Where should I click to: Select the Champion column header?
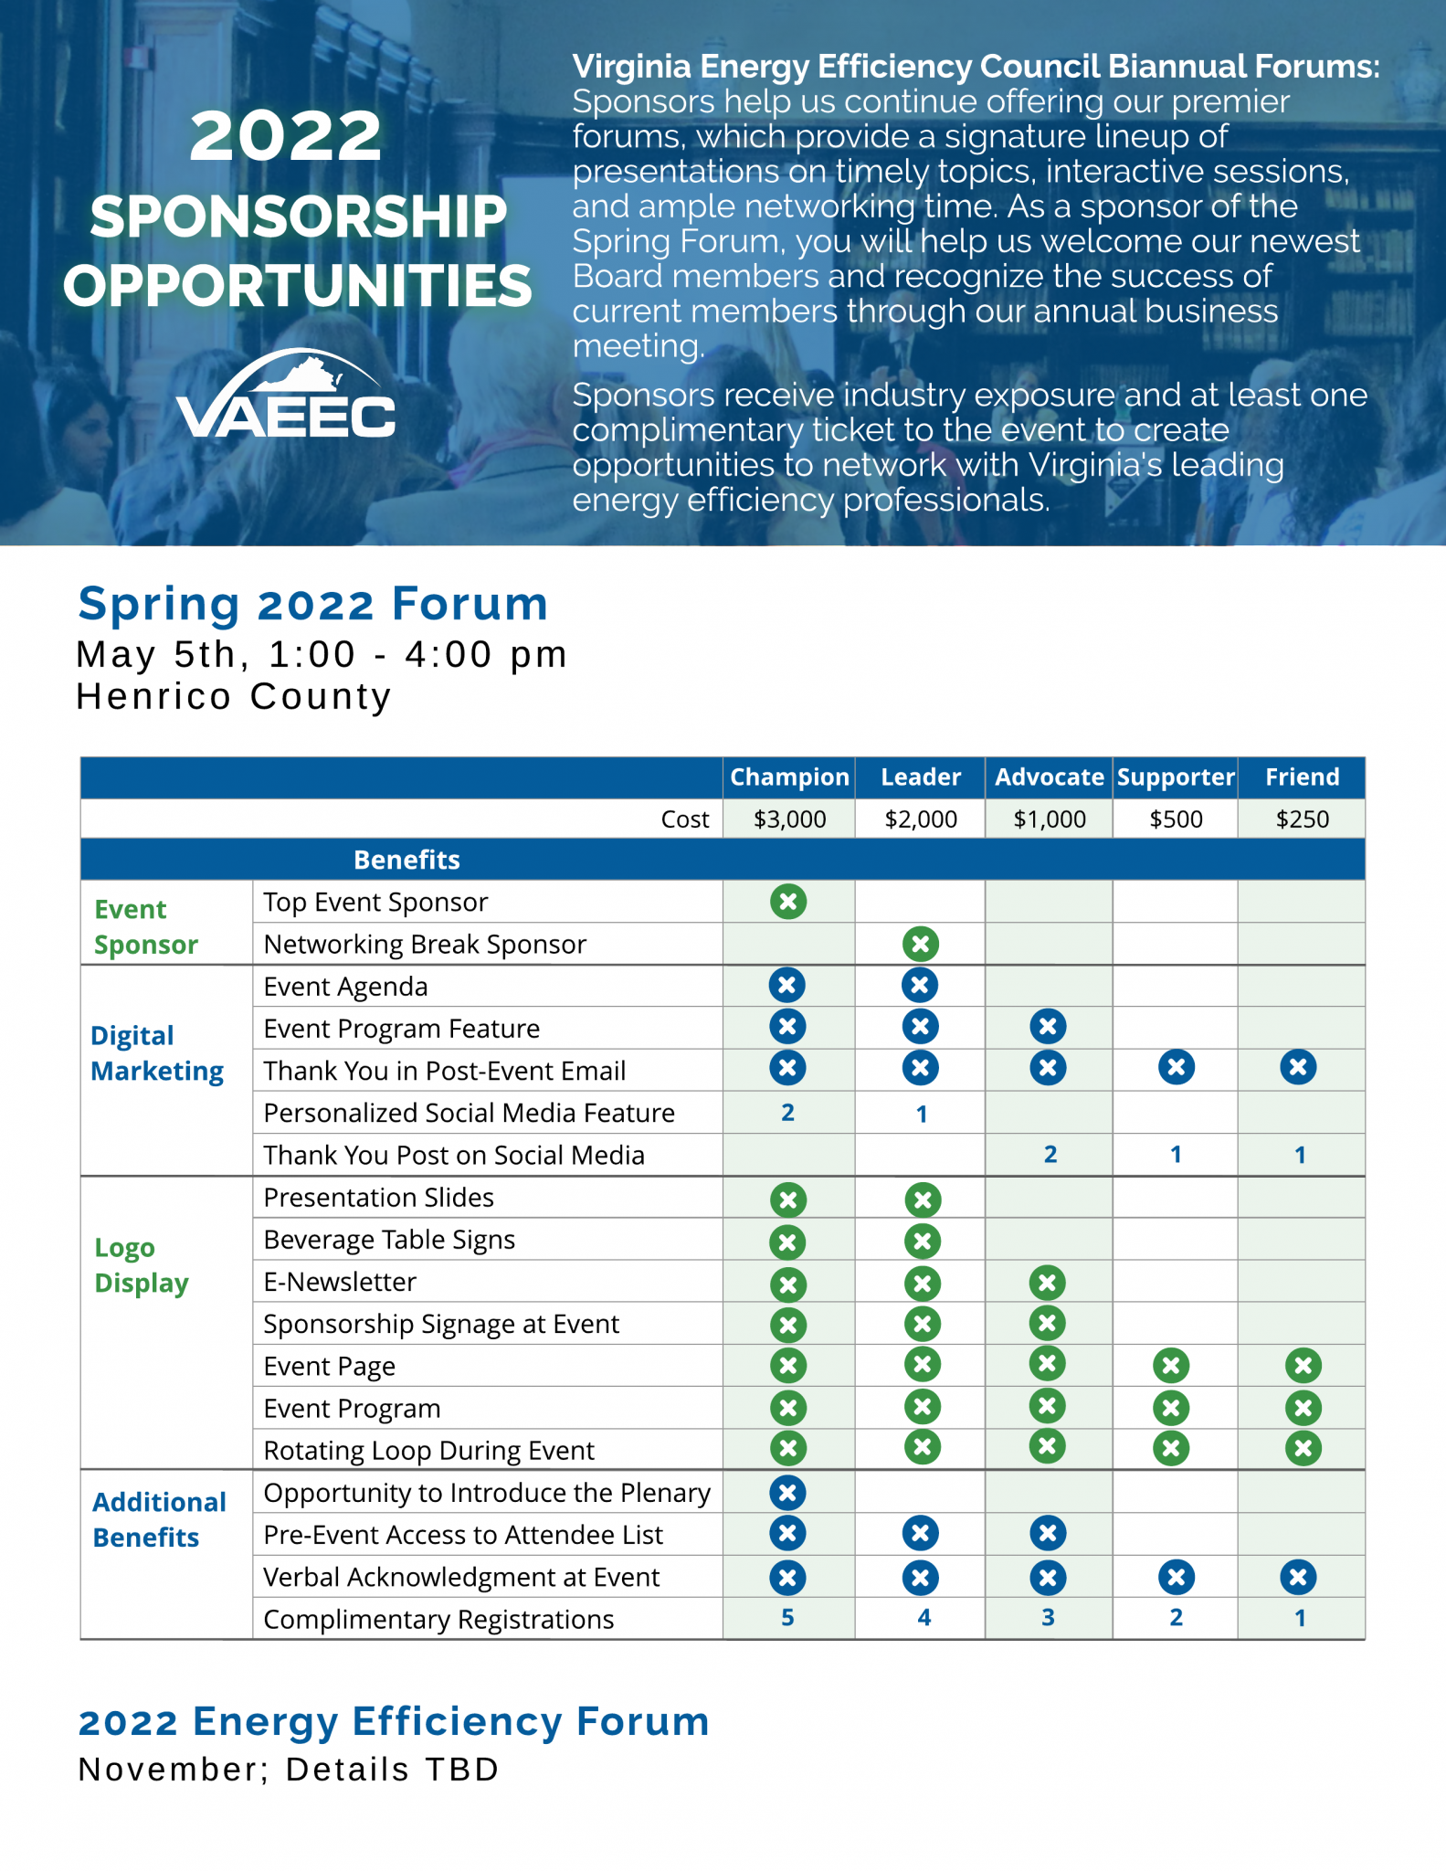[x=789, y=777]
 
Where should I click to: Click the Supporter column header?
[x=1176, y=777]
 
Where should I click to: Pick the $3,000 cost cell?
[x=789, y=819]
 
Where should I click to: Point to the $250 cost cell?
[x=1302, y=819]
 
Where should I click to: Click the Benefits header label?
[x=406, y=860]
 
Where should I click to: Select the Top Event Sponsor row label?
[x=375, y=903]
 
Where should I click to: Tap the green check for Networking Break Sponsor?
[x=921, y=944]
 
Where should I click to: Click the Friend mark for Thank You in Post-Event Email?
[x=1298, y=1067]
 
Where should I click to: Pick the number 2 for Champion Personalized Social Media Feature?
[x=787, y=1113]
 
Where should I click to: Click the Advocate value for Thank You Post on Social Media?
[x=1050, y=1155]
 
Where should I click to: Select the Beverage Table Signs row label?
[x=389, y=1240]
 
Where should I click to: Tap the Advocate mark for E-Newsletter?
[x=1048, y=1283]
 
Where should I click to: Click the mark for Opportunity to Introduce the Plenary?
[x=787, y=1493]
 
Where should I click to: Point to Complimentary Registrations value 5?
[x=787, y=1618]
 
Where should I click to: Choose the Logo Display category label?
[x=142, y=1265]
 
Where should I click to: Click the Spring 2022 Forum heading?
[x=312, y=604]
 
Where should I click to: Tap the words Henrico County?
[x=234, y=697]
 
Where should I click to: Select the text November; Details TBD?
[x=289, y=1770]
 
